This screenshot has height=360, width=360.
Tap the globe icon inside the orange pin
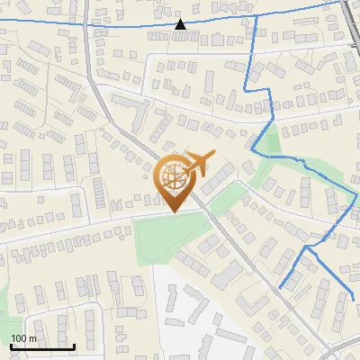point(174,176)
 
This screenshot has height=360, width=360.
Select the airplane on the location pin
point(198,164)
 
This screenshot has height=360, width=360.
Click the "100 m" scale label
point(24,337)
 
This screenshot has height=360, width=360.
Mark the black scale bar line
point(41,346)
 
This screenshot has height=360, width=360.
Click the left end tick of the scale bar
point(10,345)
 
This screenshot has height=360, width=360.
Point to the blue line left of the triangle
point(90,24)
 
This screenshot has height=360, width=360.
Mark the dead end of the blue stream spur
point(279,288)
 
